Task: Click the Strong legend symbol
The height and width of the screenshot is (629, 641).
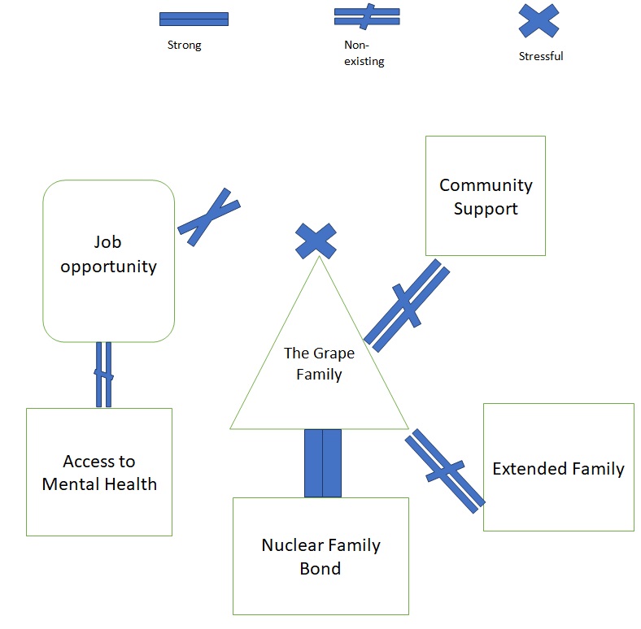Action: (x=194, y=19)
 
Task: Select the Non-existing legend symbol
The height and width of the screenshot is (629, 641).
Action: (x=367, y=16)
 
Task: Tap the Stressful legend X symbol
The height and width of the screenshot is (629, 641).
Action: (x=539, y=21)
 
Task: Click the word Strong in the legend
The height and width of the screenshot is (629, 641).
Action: (x=184, y=46)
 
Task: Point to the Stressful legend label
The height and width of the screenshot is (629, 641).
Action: (x=541, y=57)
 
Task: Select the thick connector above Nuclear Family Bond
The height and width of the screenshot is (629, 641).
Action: (x=322, y=462)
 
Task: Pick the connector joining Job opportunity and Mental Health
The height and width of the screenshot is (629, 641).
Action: (x=103, y=374)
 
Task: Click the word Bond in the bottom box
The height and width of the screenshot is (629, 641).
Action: (x=320, y=568)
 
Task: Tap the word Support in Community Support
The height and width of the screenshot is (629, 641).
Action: (x=486, y=208)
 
